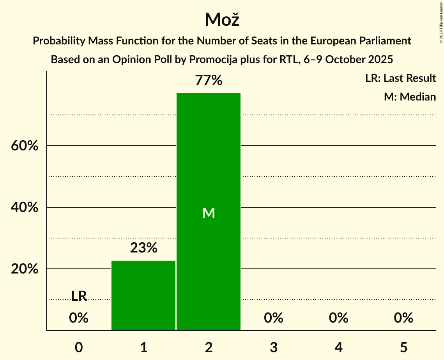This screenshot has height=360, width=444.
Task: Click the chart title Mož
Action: tap(222, 19)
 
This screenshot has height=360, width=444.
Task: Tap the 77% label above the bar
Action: tap(209, 81)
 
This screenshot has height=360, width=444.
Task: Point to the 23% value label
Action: tap(143, 248)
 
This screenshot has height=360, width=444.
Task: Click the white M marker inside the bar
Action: tap(209, 213)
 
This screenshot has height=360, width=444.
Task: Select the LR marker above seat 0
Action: tap(79, 296)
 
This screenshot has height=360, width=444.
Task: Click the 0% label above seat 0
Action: tap(79, 318)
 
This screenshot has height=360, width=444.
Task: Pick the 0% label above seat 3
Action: tap(274, 318)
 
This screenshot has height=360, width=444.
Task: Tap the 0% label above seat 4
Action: tap(338, 318)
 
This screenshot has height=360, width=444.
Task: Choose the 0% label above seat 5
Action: tap(403, 318)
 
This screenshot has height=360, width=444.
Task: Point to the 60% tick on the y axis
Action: tap(24, 146)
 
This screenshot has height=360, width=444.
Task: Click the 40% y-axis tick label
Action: tap(24, 208)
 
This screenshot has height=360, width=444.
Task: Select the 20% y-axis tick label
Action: tap(24, 269)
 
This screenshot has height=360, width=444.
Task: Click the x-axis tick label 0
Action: tap(79, 347)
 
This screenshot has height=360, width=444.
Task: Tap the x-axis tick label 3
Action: tap(274, 347)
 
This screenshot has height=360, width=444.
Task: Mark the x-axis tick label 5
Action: tap(403, 347)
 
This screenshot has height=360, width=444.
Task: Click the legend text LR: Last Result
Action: tap(400, 78)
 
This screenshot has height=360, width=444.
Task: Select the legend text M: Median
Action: tap(410, 97)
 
